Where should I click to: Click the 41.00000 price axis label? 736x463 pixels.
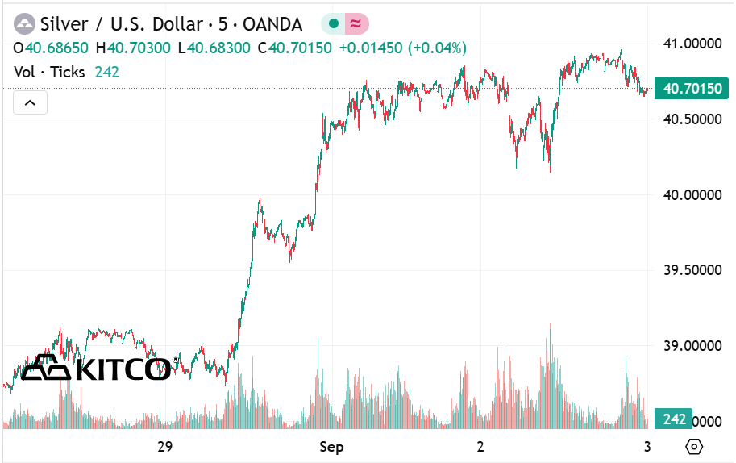[x=691, y=43]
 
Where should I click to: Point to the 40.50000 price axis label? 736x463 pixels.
[x=691, y=119]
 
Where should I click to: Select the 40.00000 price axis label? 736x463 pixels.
[x=691, y=194]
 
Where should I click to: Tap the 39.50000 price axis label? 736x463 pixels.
[x=691, y=270]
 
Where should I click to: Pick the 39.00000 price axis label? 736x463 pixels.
[x=691, y=345]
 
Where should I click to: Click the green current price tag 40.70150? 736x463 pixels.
[x=692, y=89]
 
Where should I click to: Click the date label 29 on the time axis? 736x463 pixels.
[x=165, y=447]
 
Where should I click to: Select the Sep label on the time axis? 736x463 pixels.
[x=332, y=447]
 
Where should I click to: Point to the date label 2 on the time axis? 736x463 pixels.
[x=480, y=447]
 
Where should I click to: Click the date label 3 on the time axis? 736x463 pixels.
[x=648, y=447]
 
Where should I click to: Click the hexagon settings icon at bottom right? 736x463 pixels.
[x=694, y=447]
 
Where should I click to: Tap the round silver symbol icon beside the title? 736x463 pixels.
[x=25, y=24]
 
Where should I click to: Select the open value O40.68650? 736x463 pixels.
[x=52, y=48]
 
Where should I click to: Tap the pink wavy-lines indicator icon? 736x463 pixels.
[x=356, y=24]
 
